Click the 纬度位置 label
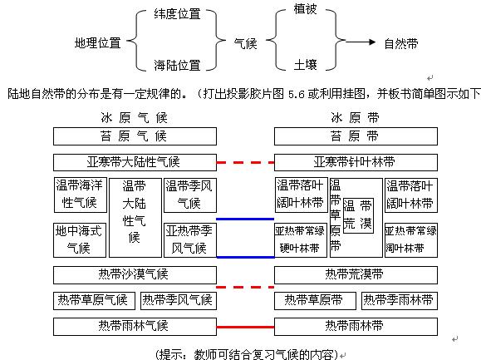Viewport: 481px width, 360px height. (x=177, y=14)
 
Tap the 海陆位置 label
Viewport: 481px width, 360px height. (x=177, y=65)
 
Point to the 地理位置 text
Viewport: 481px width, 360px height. (x=97, y=42)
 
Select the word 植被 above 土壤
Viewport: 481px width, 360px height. (x=305, y=8)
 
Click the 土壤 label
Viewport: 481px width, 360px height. (x=305, y=65)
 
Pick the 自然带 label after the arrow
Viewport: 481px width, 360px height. (x=401, y=43)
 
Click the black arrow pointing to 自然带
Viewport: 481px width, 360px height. (x=361, y=42)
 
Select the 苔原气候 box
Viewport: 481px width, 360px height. (x=135, y=136)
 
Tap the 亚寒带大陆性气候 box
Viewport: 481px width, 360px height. (x=135, y=162)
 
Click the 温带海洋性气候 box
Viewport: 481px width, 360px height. (x=81, y=195)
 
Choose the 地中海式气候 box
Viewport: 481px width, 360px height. (x=80, y=240)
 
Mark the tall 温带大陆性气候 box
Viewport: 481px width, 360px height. (x=135, y=218)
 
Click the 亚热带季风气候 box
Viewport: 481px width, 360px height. (x=190, y=240)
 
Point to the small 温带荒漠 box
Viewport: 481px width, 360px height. (x=358, y=216)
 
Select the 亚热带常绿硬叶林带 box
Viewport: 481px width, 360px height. (x=301, y=240)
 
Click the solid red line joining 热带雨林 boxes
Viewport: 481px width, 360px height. (x=245, y=328)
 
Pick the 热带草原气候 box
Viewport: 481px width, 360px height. (x=94, y=301)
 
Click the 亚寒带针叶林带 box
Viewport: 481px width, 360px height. (x=356, y=162)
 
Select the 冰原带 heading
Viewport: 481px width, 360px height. (x=355, y=118)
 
